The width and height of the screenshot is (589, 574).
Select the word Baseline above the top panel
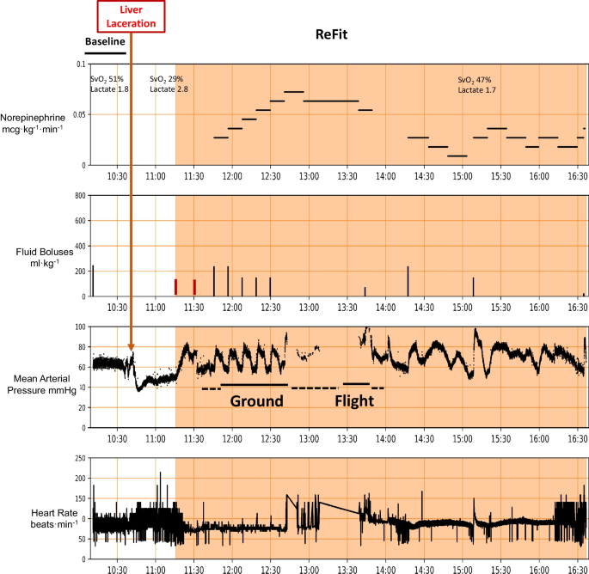[105, 41]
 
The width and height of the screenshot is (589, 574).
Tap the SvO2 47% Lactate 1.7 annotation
[477, 84]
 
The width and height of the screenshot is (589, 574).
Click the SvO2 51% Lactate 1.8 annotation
[110, 84]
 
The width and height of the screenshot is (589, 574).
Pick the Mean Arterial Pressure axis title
[40, 382]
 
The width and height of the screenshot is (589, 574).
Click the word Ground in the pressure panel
[255, 401]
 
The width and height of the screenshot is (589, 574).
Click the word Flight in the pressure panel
[353, 401]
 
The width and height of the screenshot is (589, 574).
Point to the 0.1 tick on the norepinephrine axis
[80, 64]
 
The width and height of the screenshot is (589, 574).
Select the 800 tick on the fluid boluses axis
[78, 196]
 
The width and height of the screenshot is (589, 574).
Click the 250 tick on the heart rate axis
[78, 458]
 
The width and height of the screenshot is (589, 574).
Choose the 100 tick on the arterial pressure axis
[78, 327]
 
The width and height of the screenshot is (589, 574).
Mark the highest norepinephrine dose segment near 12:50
[294, 91]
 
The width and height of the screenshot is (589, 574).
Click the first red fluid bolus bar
[175, 287]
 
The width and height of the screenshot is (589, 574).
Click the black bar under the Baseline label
[106, 53]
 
